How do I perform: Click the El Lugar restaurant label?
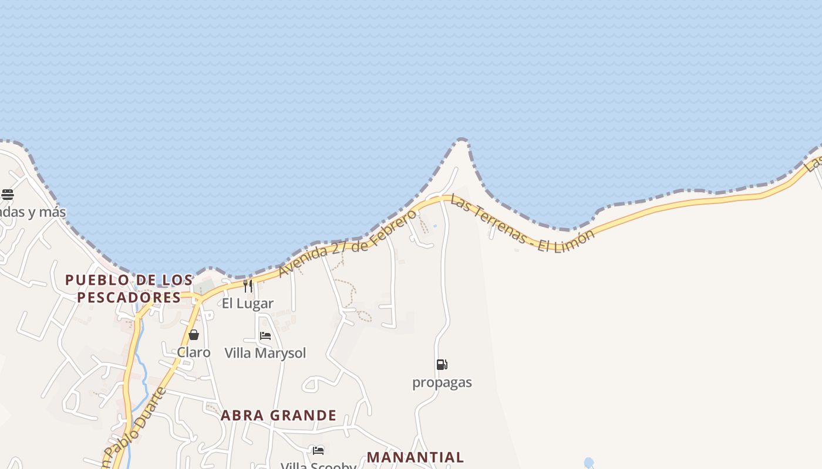[x=247, y=304]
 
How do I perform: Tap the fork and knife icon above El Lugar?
[x=248, y=286]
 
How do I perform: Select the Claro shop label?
[x=194, y=352]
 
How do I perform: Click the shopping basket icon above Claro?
[x=194, y=335]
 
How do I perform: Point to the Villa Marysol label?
[x=265, y=353]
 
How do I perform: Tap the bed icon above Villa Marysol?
[x=265, y=336]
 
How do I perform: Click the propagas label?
[x=442, y=382]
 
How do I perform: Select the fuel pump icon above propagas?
[x=442, y=365]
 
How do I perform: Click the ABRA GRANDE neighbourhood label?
[x=278, y=416]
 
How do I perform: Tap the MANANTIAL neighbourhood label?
[x=415, y=457]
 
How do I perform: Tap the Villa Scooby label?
[x=318, y=465]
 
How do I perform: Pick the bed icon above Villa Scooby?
[x=318, y=450]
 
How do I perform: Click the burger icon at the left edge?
[x=7, y=194]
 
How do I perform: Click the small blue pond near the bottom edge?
[x=589, y=463]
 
